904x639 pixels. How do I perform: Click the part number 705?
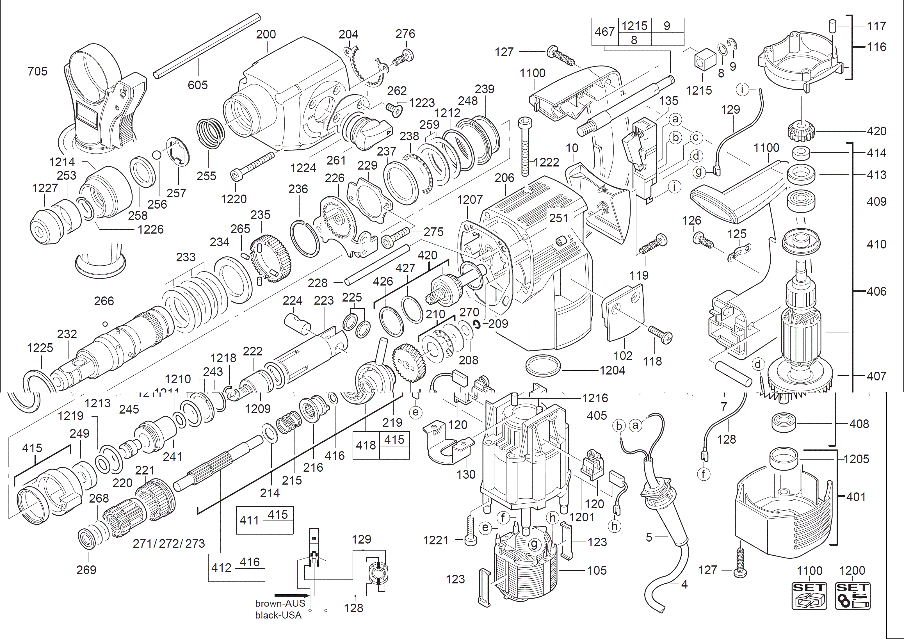[37, 71]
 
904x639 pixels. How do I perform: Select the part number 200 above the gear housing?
[266, 34]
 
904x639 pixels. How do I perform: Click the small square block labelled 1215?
[705, 59]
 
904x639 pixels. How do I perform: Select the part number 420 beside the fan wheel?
[876, 131]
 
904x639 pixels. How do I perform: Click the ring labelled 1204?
[543, 366]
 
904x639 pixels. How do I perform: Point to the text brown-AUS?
[280, 603]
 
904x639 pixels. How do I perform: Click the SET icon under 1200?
[852, 596]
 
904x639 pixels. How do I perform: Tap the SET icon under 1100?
[809, 596]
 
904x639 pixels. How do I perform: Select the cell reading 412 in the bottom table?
[221, 567]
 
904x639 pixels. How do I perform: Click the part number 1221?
[435, 540]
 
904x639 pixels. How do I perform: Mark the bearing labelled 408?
[784, 422]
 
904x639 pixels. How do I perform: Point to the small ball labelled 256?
[157, 155]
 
